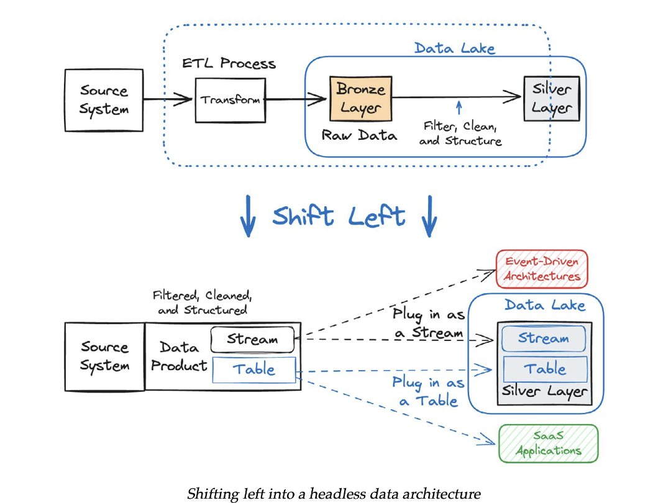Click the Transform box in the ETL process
[x=230, y=100]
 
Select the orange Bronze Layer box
[x=360, y=99]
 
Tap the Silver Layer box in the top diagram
[x=551, y=99]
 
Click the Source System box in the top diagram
[x=104, y=100]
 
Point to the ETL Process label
[x=229, y=64]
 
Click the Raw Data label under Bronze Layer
[x=359, y=135]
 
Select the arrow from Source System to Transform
[x=168, y=99]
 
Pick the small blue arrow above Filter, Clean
[x=459, y=109]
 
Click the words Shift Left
[x=339, y=217]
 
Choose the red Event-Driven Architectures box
[x=542, y=269]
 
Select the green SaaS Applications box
[x=548, y=443]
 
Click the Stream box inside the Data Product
[x=252, y=340]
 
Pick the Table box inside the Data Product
[x=254, y=370]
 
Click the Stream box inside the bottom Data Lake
[x=544, y=339]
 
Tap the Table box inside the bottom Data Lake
[x=545, y=369]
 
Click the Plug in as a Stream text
[x=429, y=324]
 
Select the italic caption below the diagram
[x=334, y=494]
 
